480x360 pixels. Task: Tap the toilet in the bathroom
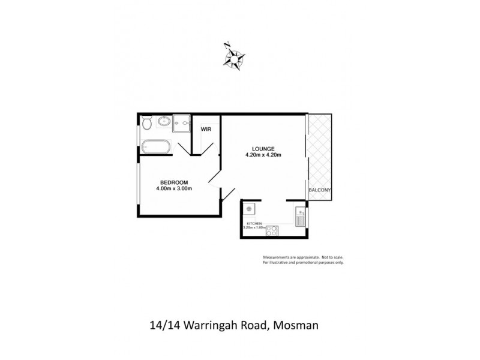click(x=146, y=124)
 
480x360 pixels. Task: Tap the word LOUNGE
click(x=263, y=148)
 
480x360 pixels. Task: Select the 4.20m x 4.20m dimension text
click(x=263, y=155)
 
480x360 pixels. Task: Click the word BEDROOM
click(x=174, y=182)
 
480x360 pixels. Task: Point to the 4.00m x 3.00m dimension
click(x=174, y=188)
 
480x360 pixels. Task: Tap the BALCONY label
click(x=319, y=190)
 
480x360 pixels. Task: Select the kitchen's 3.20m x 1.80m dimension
click(x=253, y=227)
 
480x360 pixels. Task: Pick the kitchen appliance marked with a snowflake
click(x=248, y=209)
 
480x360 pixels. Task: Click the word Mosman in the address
click(x=296, y=326)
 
